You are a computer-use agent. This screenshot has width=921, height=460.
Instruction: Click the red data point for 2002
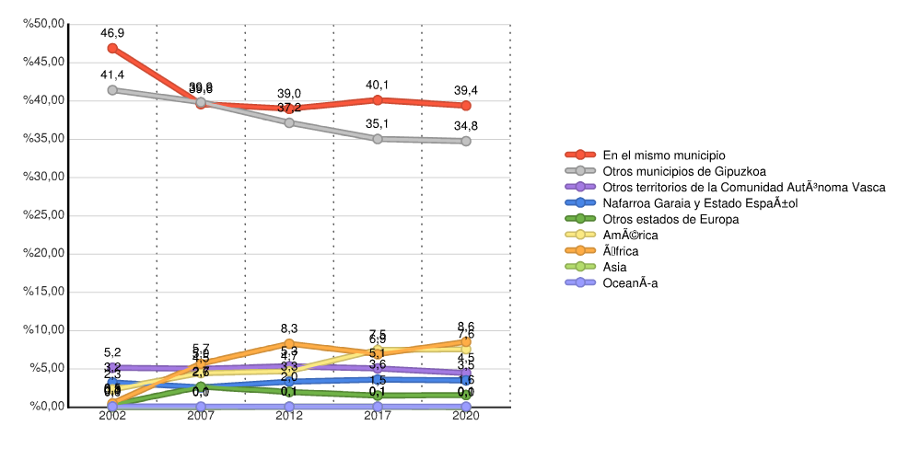[112, 48]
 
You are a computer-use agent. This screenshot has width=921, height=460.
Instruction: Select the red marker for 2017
[378, 99]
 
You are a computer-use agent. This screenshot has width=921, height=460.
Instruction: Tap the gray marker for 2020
[466, 141]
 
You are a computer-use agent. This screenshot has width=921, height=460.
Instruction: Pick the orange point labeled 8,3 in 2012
[289, 344]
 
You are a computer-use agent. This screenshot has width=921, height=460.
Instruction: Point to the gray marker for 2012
[289, 122]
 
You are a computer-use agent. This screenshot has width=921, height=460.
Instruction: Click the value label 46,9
[112, 32]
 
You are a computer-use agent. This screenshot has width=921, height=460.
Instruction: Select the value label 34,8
[466, 126]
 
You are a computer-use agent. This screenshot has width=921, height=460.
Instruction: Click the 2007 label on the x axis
[201, 417]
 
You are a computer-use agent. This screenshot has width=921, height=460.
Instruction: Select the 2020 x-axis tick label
[466, 417]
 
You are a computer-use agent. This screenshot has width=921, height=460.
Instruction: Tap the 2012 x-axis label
[289, 417]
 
